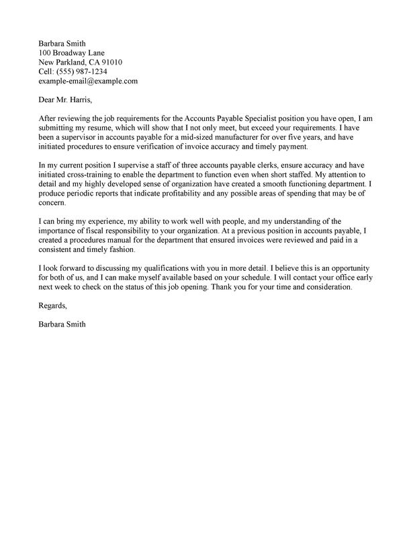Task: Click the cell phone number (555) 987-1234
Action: tap(83, 71)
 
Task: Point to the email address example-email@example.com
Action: tap(88, 81)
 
